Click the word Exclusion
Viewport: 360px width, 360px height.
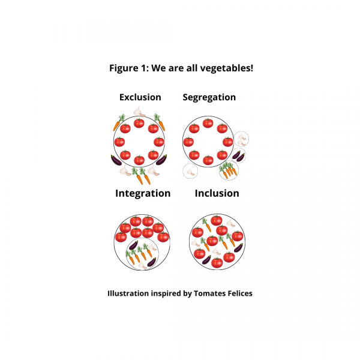[140, 97]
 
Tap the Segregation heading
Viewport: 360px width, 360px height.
[209, 97]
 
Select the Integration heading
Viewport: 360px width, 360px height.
[143, 193]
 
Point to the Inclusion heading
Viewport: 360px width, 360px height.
[217, 193]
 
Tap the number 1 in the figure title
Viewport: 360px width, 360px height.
[143, 68]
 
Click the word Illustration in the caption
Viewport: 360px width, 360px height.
[128, 293]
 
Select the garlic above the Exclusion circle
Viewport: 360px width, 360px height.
[139, 112]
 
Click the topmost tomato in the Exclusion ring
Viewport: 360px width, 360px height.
[139, 123]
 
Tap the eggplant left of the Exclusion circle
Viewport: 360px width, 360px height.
[116, 160]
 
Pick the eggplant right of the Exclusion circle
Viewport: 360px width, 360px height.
[161, 160]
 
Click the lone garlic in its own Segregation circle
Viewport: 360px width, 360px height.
[190, 171]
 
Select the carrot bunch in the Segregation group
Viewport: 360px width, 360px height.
[229, 170]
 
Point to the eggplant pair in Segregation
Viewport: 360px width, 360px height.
[239, 155]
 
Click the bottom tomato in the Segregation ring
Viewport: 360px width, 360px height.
[208, 160]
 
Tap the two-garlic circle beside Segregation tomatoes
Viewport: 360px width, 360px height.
[241, 139]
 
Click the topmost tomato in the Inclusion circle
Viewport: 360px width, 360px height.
[217, 220]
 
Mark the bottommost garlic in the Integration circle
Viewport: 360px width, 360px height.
[143, 265]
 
